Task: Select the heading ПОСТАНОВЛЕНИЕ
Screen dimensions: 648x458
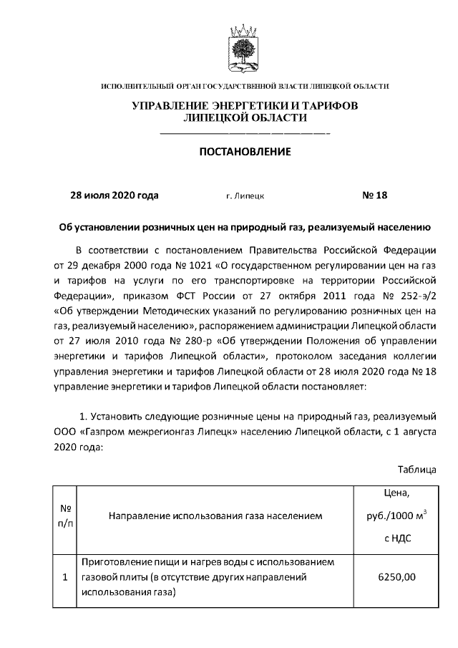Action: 245,152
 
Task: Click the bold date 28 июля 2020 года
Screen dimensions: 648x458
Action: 114,195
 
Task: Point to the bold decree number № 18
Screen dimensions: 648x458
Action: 374,195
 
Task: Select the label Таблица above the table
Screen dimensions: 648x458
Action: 417,470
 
